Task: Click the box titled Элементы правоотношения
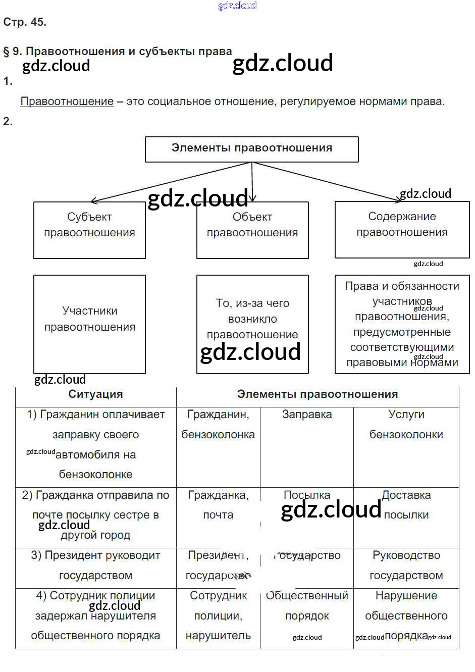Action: pyautogui.click(x=251, y=149)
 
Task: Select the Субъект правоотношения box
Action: pyautogui.click(x=89, y=230)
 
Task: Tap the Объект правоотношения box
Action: pyautogui.click(x=252, y=230)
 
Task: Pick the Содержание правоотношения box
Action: pyautogui.click(x=402, y=229)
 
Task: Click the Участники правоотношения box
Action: pyautogui.click(x=89, y=324)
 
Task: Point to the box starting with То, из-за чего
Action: pyautogui.click(x=252, y=324)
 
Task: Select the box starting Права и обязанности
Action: pyautogui.click(x=402, y=324)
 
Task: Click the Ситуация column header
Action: pyautogui.click(x=95, y=395)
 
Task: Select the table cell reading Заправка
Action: pyautogui.click(x=307, y=415)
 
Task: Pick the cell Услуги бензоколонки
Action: pyautogui.click(x=406, y=425)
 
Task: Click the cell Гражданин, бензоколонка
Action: pyautogui.click(x=218, y=425)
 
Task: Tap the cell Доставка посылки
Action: pyautogui.click(x=406, y=505)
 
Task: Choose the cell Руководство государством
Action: pyautogui.click(x=406, y=565)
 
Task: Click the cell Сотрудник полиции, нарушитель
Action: pyautogui.click(x=218, y=616)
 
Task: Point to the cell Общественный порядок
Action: pyautogui.click(x=307, y=606)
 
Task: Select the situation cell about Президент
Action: pyautogui.click(x=95, y=565)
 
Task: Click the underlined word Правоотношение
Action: pyautogui.click(x=67, y=101)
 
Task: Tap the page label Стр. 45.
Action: pyautogui.click(x=25, y=22)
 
